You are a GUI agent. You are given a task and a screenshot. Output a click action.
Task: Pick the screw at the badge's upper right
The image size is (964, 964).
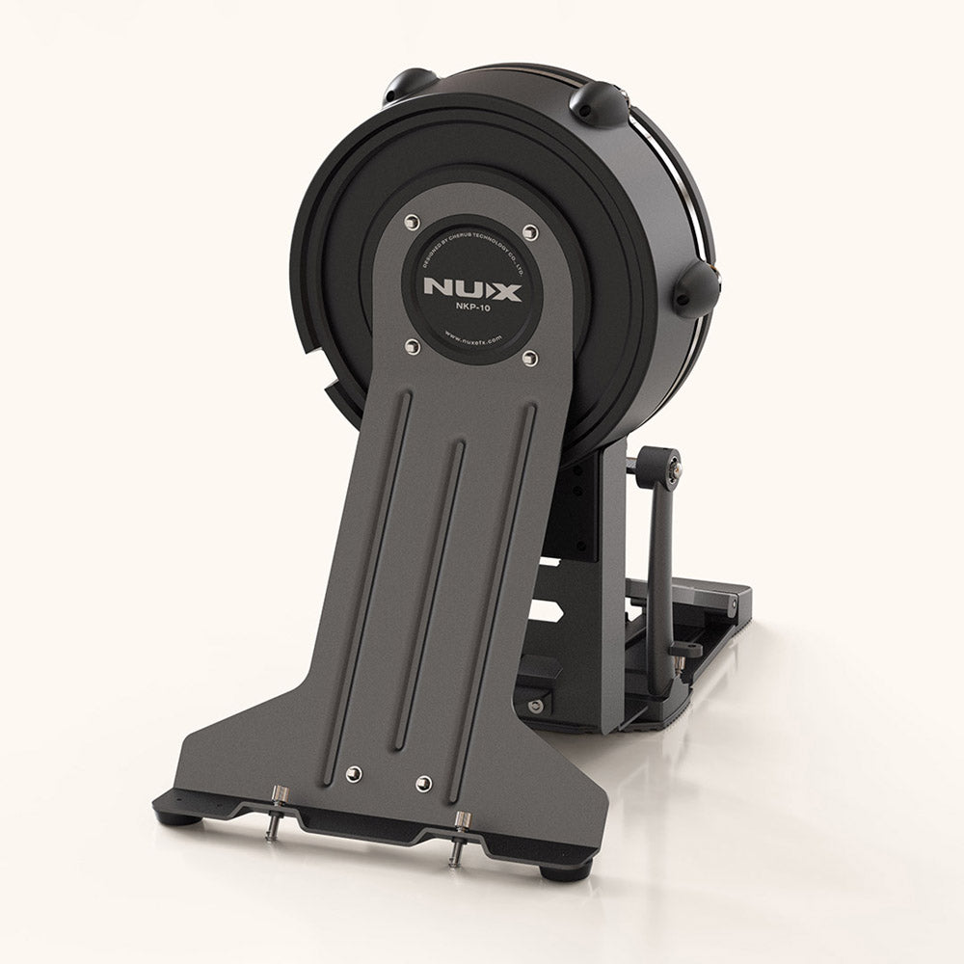coord(528,231)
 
